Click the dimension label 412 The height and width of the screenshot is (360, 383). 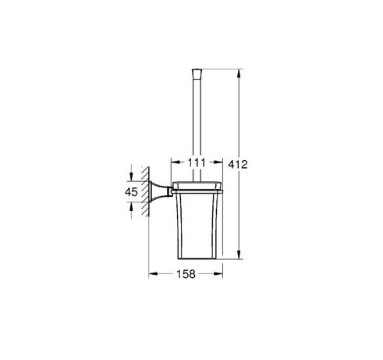(x=238, y=165)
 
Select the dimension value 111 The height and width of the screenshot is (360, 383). (x=197, y=162)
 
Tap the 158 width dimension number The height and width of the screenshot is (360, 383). (x=186, y=274)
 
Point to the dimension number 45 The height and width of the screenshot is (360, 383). (x=131, y=192)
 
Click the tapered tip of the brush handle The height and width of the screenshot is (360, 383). (x=197, y=73)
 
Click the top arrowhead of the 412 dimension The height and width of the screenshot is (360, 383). (x=239, y=73)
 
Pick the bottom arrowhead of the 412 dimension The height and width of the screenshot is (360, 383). (x=239, y=255)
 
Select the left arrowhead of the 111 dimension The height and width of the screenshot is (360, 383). (x=176, y=162)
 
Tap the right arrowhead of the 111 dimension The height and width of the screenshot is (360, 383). (x=218, y=162)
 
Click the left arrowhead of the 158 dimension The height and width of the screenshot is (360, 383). (x=153, y=273)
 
